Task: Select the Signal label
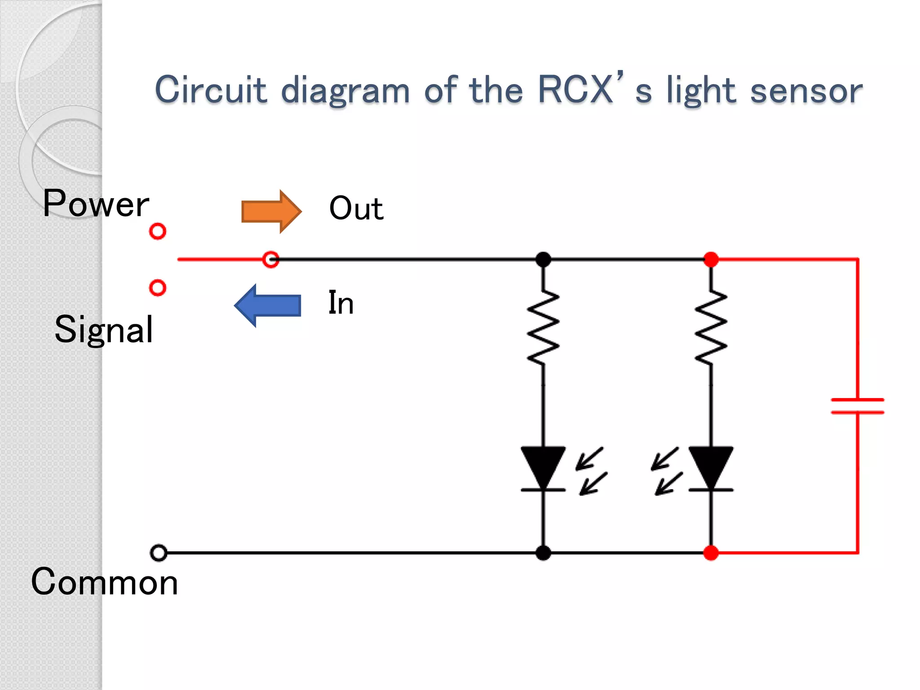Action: pyautogui.click(x=104, y=329)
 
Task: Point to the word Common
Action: pyautogui.click(x=104, y=582)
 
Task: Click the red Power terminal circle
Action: pyautogui.click(x=158, y=231)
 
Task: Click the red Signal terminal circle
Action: pyautogui.click(x=158, y=287)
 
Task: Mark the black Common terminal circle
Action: pyautogui.click(x=159, y=553)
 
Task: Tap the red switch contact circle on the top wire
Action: pyautogui.click(x=271, y=259)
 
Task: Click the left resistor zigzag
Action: pyautogui.click(x=543, y=327)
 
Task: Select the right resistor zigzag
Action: pyautogui.click(x=711, y=327)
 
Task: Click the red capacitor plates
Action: pyautogui.click(x=858, y=406)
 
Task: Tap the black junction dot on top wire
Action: pyautogui.click(x=543, y=259)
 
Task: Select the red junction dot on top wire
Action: pyautogui.click(x=711, y=259)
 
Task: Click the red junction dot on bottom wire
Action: pyautogui.click(x=711, y=553)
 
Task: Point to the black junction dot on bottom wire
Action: pyautogui.click(x=543, y=553)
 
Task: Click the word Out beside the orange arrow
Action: pyautogui.click(x=356, y=209)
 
